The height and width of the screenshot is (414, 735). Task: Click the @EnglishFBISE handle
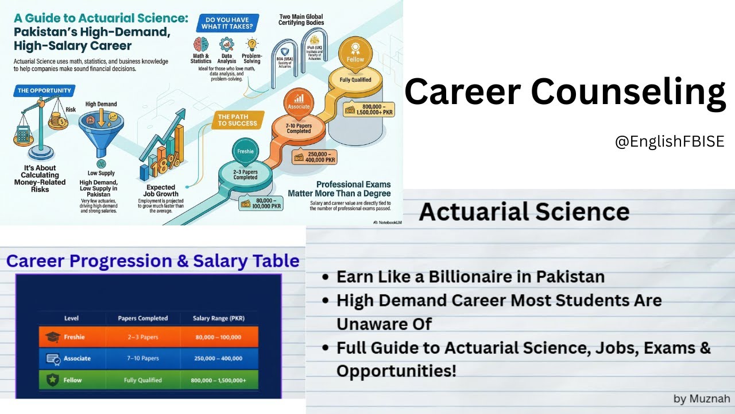(670, 141)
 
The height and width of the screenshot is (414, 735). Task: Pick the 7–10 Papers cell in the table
(142, 358)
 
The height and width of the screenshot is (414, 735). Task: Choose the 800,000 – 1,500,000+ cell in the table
(219, 380)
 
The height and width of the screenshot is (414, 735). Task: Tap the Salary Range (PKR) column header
(219, 318)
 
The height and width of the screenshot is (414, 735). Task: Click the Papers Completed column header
(142, 318)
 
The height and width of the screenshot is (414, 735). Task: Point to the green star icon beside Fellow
(52, 380)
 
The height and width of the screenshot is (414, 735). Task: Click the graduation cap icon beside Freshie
(53, 337)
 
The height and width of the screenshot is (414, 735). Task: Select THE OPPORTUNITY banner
(44, 90)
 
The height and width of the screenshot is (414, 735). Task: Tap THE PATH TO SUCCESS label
(238, 120)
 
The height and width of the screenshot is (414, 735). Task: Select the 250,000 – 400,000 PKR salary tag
(315, 157)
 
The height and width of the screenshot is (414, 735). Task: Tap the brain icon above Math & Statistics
(200, 44)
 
